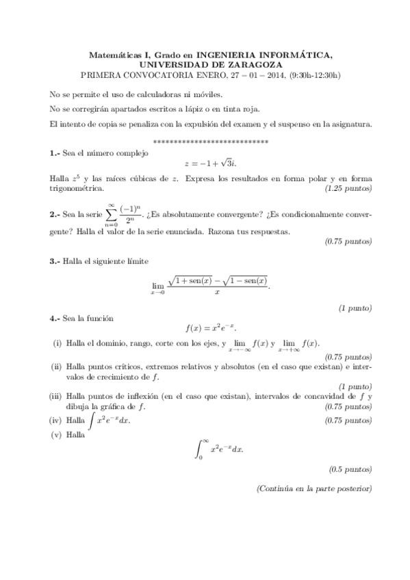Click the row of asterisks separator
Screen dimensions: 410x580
coord(211,142)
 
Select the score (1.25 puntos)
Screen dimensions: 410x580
coord(349,188)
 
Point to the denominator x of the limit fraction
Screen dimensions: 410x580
coord(217,291)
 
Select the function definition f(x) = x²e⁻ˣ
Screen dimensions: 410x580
coord(211,330)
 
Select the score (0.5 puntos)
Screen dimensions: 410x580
coord(350,470)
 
